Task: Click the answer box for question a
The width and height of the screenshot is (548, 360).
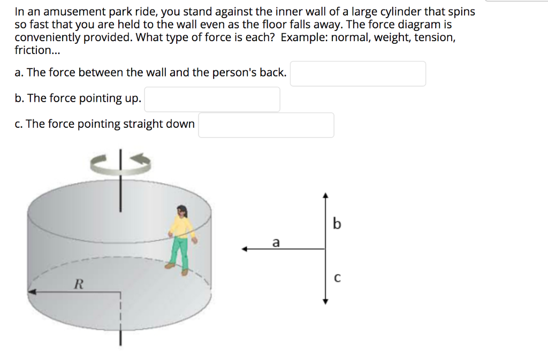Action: tap(358, 74)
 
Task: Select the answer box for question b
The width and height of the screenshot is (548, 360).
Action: tap(212, 99)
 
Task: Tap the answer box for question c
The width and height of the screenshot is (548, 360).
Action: tap(266, 125)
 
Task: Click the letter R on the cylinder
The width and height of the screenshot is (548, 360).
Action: tap(78, 284)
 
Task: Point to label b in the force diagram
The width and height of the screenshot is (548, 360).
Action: tap(336, 224)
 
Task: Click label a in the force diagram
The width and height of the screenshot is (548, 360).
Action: tap(276, 242)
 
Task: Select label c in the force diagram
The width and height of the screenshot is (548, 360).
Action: tap(337, 278)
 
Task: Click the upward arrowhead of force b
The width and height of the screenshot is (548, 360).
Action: tap(324, 196)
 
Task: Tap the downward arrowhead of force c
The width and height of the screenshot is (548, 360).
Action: tap(324, 301)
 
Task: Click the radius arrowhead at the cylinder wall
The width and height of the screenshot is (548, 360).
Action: tap(31, 292)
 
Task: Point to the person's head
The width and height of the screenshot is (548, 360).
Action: tap(181, 211)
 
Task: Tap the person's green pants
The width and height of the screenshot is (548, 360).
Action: tap(181, 251)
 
